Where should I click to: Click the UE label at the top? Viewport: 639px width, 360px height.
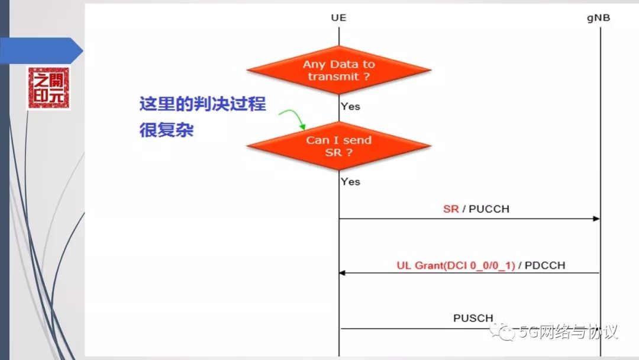point(338,18)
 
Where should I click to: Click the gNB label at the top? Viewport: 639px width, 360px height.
point(598,18)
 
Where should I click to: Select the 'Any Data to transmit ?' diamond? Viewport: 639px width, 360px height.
point(339,70)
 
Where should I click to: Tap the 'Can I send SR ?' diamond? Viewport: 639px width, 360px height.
point(339,146)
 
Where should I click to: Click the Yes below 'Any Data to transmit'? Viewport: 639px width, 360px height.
point(350,107)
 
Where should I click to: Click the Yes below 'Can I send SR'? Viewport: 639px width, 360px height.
point(350,181)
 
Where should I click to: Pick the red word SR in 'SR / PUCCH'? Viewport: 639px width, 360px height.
point(451,209)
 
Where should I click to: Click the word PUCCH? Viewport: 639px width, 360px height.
point(489,209)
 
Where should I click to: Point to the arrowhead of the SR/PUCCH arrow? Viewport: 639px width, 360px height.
point(596,219)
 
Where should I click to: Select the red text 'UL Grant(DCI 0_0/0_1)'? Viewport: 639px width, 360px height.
point(456,265)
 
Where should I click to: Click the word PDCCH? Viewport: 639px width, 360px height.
point(544,265)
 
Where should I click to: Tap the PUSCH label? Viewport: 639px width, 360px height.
point(473,318)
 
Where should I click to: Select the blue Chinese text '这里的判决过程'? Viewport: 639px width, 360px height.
point(202,105)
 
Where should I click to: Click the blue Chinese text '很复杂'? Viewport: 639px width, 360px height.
point(166,130)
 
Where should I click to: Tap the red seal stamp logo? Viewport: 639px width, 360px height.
point(49,88)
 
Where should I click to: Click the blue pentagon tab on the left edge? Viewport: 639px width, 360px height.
point(41,50)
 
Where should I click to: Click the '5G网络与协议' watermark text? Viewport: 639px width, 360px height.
point(568,332)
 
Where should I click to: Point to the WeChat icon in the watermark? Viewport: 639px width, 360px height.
point(507,332)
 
